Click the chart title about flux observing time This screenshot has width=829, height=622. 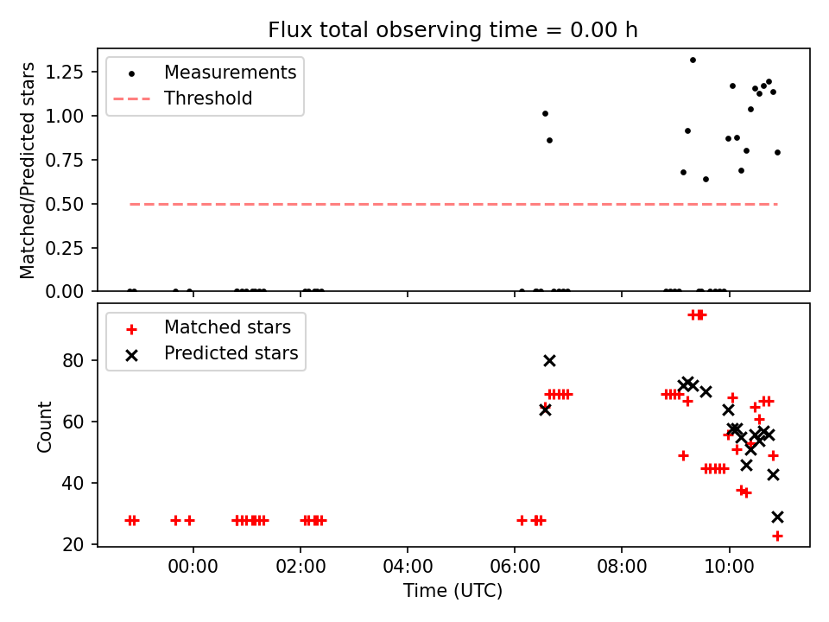pyautogui.click(x=452, y=29)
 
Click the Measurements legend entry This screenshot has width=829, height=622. pyautogui.click(x=230, y=73)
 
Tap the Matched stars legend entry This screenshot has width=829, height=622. pyautogui.click(x=227, y=328)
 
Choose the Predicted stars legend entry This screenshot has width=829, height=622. pyautogui.click(x=231, y=353)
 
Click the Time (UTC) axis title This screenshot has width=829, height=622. pyautogui.click(x=452, y=592)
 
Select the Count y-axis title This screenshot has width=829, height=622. pyautogui.click(x=44, y=426)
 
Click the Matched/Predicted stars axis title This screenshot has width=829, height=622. pyautogui.click(x=28, y=170)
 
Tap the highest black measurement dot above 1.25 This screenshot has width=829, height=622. pyautogui.click(x=693, y=60)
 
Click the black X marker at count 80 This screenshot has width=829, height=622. pyautogui.click(x=549, y=360)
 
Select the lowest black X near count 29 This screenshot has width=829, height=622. pyautogui.click(x=777, y=517)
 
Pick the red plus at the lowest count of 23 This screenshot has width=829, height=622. pyautogui.click(x=777, y=536)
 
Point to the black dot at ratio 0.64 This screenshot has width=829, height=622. pyautogui.click(x=706, y=179)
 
